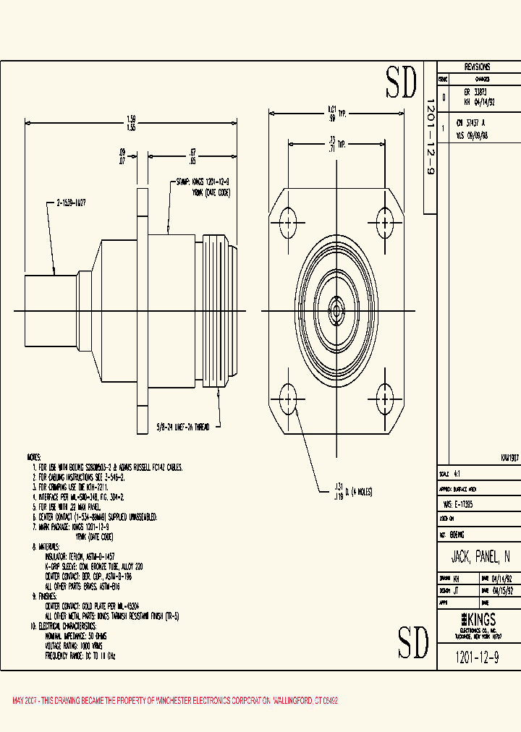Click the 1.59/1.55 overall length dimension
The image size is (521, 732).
(131, 123)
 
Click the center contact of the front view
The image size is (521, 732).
(336, 311)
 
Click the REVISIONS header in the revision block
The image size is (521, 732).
(477, 66)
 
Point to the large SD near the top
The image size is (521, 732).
(402, 82)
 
